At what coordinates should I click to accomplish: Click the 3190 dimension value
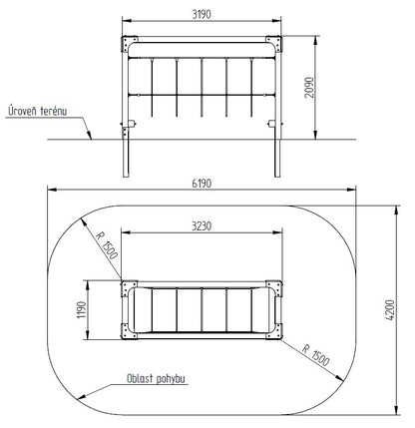(202, 14)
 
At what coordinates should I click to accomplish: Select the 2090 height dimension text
(309, 88)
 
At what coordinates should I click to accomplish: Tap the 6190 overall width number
(202, 184)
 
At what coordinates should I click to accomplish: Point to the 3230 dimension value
(202, 226)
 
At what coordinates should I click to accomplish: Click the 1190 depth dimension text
(82, 310)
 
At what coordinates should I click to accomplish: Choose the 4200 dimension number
(390, 310)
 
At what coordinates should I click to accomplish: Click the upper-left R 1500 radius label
(107, 245)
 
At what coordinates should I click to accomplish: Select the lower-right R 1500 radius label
(316, 355)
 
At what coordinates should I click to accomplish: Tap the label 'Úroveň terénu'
(37, 111)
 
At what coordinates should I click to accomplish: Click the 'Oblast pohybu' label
(156, 378)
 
